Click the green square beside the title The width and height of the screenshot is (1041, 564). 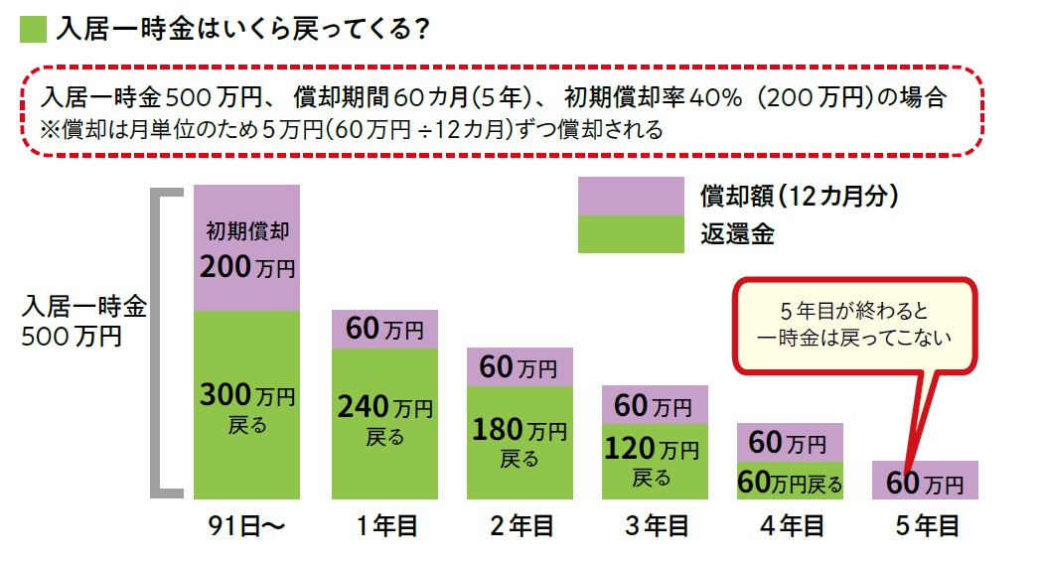(33, 29)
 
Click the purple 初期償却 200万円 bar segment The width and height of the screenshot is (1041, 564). (246, 248)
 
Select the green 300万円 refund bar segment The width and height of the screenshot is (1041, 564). (246, 405)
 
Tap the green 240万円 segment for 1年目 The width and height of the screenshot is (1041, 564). (384, 423)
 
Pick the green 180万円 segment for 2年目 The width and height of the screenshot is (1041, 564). (519, 442)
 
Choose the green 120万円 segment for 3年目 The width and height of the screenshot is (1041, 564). (654, 461)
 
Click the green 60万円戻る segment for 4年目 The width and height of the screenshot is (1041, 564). (790, 480)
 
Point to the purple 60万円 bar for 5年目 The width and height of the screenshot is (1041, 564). (925, 481)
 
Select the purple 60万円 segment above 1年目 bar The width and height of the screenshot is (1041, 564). (384, 329)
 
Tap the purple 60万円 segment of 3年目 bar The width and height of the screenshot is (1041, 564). (654, 405)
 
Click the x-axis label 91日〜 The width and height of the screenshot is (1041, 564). (246, 526)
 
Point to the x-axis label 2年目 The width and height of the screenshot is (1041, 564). (519, 526)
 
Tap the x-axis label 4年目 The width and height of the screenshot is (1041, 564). (790, 526)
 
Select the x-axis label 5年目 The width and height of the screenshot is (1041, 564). (925, 526)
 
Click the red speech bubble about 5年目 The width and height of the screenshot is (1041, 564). (852, 324)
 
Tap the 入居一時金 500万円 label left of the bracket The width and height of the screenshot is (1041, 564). (83, 321)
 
